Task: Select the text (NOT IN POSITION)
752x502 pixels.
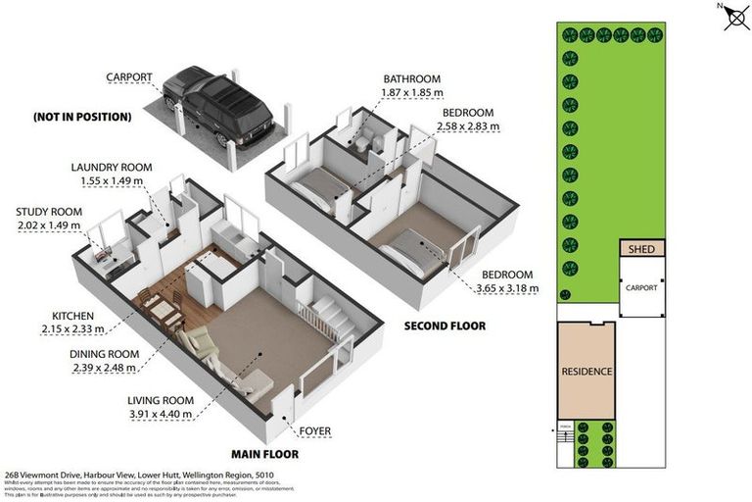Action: point(81,117)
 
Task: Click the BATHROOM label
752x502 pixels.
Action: point(412,78)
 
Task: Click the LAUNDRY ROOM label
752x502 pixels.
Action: point(108,168)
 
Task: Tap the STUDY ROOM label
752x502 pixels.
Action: point(49,212)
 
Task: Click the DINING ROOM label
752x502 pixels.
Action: point(105,354)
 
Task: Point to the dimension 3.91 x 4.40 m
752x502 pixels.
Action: point(161,414)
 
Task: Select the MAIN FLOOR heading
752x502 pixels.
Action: point(264,454)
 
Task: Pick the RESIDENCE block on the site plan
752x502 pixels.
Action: point(587,372)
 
